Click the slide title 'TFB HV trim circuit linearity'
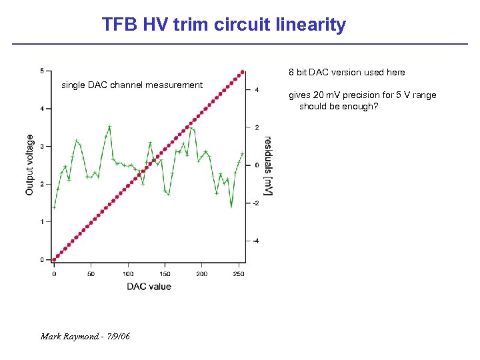click(224, 25)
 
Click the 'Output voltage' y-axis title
click(30, 165)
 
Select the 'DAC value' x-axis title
click(149, 287)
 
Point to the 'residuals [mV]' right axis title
click(267, 166)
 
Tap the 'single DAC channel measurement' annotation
click(132, 85)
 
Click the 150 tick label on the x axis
click(165, 274)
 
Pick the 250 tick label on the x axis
click(239, 274)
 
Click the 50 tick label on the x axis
click(91, 274)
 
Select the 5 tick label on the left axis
click(43, 71)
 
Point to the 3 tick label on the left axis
click(43, 146)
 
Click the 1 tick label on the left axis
click(43, 221)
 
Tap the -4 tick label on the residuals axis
click(257, 241)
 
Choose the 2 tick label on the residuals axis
click(257, 127)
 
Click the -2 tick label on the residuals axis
click(257, 203)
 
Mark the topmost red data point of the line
click(243, 72)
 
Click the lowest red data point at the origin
click(55, 259)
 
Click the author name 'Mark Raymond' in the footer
click(69, 337)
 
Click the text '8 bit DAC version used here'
click(347, 72)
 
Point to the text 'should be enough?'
click(339, 106)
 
